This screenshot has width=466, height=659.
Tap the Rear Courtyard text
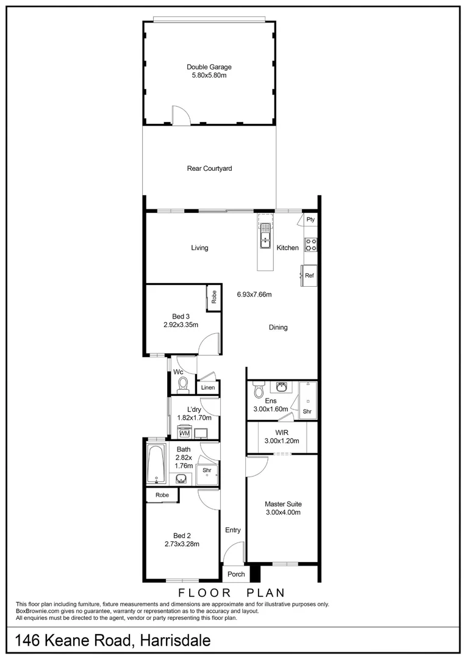click(x=209, y=168)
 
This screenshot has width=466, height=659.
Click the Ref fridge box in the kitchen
click(x=309, y=275)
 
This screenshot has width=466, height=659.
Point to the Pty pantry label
click(x=310, y=220)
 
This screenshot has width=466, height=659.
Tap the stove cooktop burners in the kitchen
click(x=310, y=244)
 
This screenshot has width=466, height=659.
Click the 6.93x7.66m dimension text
click(x=254, y=295)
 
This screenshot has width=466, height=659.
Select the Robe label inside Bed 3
click(x=214, y=297)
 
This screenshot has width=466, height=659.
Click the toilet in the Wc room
click(x=182, y=383)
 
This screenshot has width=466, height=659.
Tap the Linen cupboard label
click(x=208, y=388)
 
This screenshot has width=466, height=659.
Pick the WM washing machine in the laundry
click(x=184, y=433)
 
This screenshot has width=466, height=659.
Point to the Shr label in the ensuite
click(x=306, y=412)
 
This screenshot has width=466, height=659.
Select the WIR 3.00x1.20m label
click(x=281, y=437)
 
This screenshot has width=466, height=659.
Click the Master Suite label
click(x=283, y=508)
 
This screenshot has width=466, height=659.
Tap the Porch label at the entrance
click(x=236, y=574)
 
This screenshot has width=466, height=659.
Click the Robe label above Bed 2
click(x=162, y=495)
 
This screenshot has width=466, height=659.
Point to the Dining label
click(x=278, y=328)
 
